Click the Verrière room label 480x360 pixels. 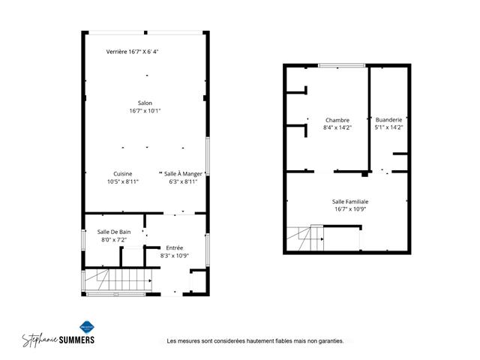tap(116, 52)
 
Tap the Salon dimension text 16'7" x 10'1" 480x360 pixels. tap(145, 110)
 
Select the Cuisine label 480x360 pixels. tap(123, 174)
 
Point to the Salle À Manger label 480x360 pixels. tap(183, 174)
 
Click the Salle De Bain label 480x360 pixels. tap(114, 232)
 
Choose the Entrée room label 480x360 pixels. tap(175, 247)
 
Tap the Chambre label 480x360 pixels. tap(337, 120)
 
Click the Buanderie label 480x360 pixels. tap(388, 120)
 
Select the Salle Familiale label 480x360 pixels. tap(350, 202)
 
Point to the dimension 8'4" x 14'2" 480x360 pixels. tap(337, 127)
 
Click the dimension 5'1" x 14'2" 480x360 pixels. tap(388, 127)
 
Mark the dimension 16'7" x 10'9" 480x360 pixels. tap(350, 209)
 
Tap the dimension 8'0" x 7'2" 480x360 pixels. tap(114, 240)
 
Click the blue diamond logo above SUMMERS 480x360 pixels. tap(87, 327)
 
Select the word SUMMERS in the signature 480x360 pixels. tap(76, 340)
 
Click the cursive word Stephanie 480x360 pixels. tap(40, 340)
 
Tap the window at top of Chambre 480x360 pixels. tap(342, 65)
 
